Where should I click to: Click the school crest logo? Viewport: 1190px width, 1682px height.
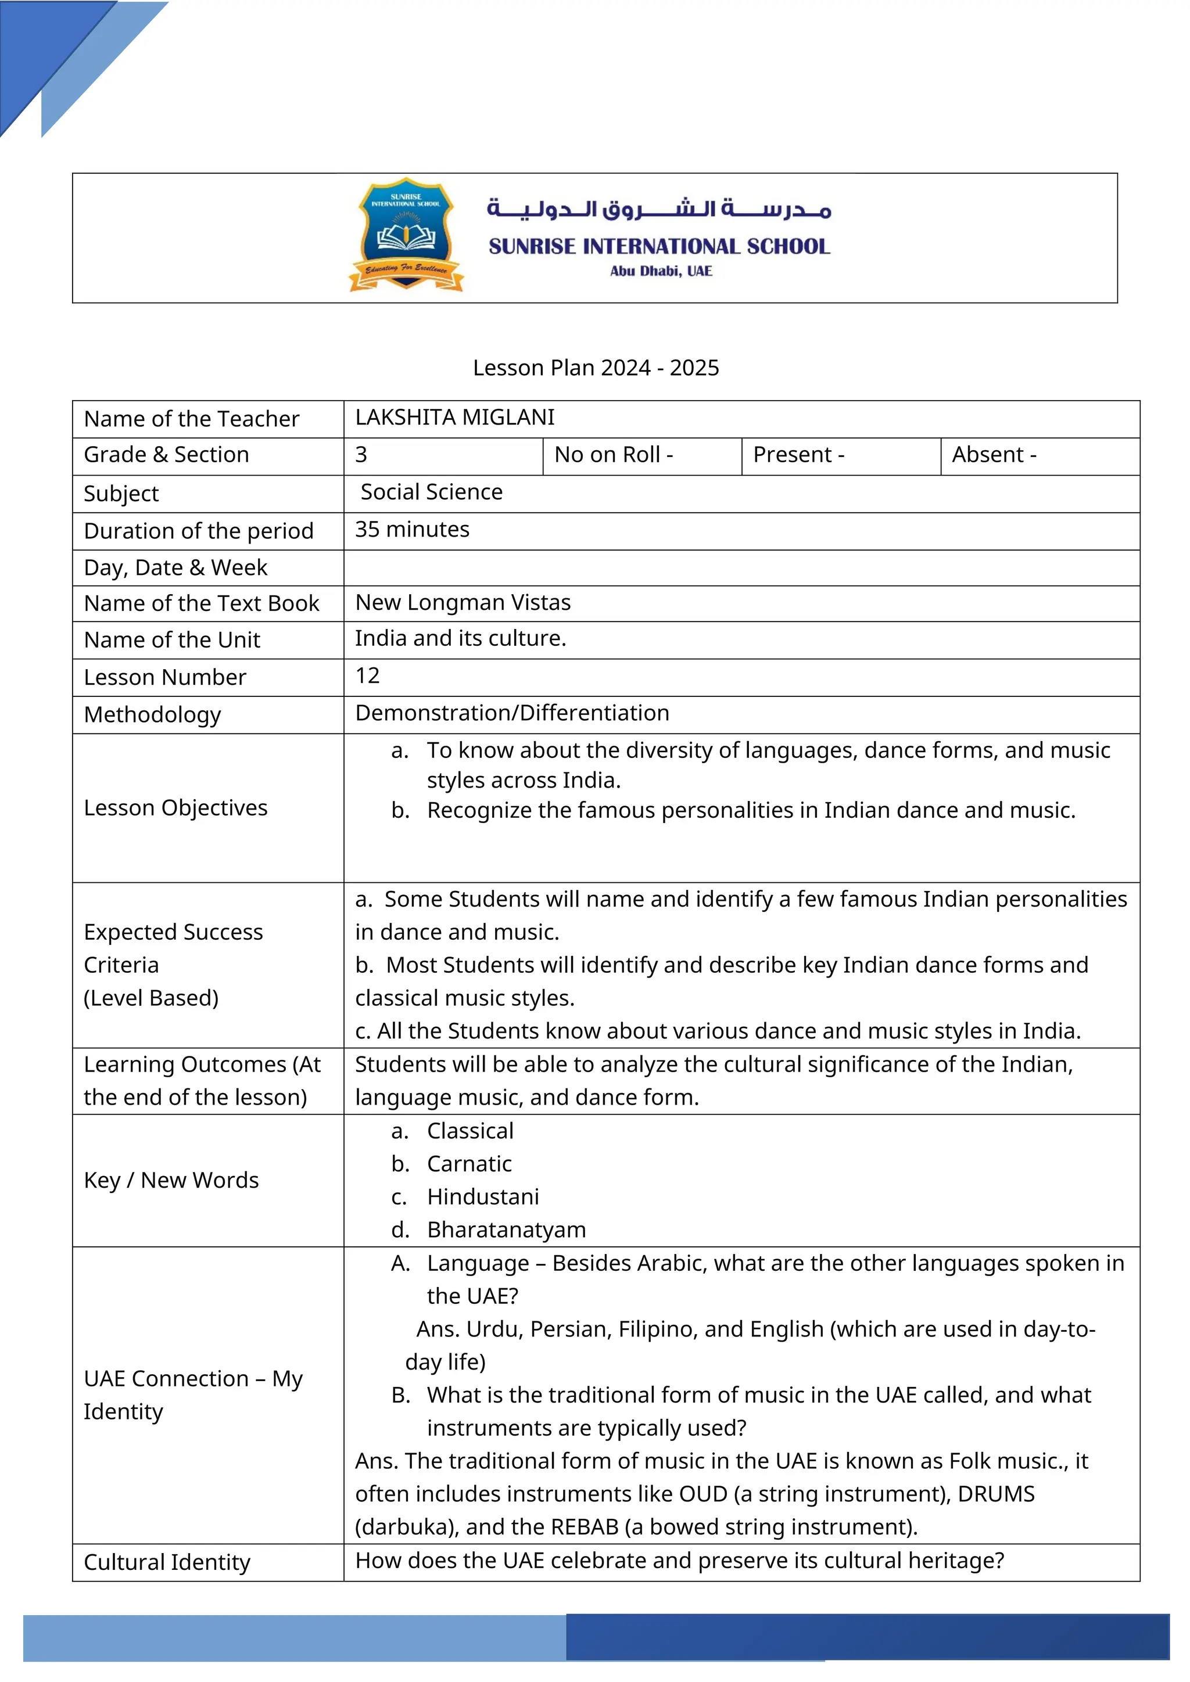click(x=406, y=235)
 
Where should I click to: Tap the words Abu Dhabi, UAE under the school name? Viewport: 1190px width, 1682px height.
click(x=660, y=271)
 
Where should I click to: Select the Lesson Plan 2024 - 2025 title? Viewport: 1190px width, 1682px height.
click(x=595, y=367)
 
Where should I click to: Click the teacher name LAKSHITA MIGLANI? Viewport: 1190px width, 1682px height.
click(x=454, y=418)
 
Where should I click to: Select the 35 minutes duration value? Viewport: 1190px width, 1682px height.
click(x=412, y=530)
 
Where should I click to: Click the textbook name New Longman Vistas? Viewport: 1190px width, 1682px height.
click(x=463, y=602)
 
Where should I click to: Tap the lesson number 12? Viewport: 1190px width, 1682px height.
click(x=367, y=675)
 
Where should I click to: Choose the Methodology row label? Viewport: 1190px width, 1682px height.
click(x=152, y=714)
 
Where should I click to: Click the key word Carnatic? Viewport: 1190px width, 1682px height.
click(x=469, y=1163)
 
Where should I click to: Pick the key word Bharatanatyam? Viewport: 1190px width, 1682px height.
click(x=506, y=1230)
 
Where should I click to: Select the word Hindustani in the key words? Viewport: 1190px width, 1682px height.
click(x=483, y=1196)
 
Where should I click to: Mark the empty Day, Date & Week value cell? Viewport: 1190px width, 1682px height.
click(x=741, y=568)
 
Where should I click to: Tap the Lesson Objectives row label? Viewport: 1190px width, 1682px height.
click(x=176, y=807)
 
